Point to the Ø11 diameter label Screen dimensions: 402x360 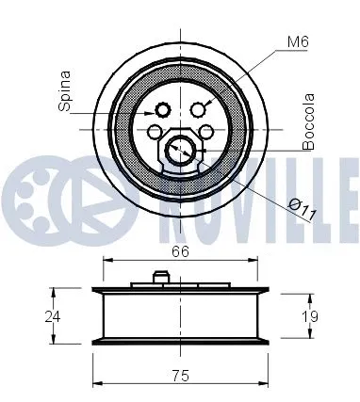pyautogui.click(x=302, y=209)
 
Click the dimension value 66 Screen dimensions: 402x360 pyautogui.click(x=181, y=251)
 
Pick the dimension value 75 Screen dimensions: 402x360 pyautogui.click(x=181, y=375)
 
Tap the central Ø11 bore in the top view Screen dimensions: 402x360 pyautogui.click(x=180, y=148)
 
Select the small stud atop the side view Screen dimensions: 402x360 pyautogui.click(x=160, y=277)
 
